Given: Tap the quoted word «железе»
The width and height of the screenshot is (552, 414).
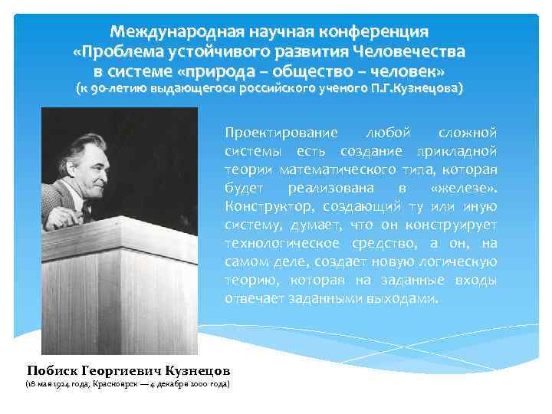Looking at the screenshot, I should click(x=465, y=188).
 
